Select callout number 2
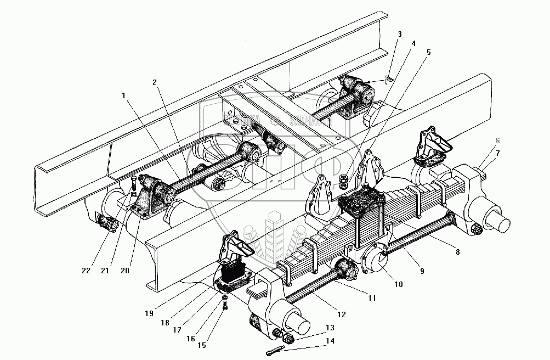155,82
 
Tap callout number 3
399,34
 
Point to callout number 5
428,52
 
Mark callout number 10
399,284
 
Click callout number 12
341,314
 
